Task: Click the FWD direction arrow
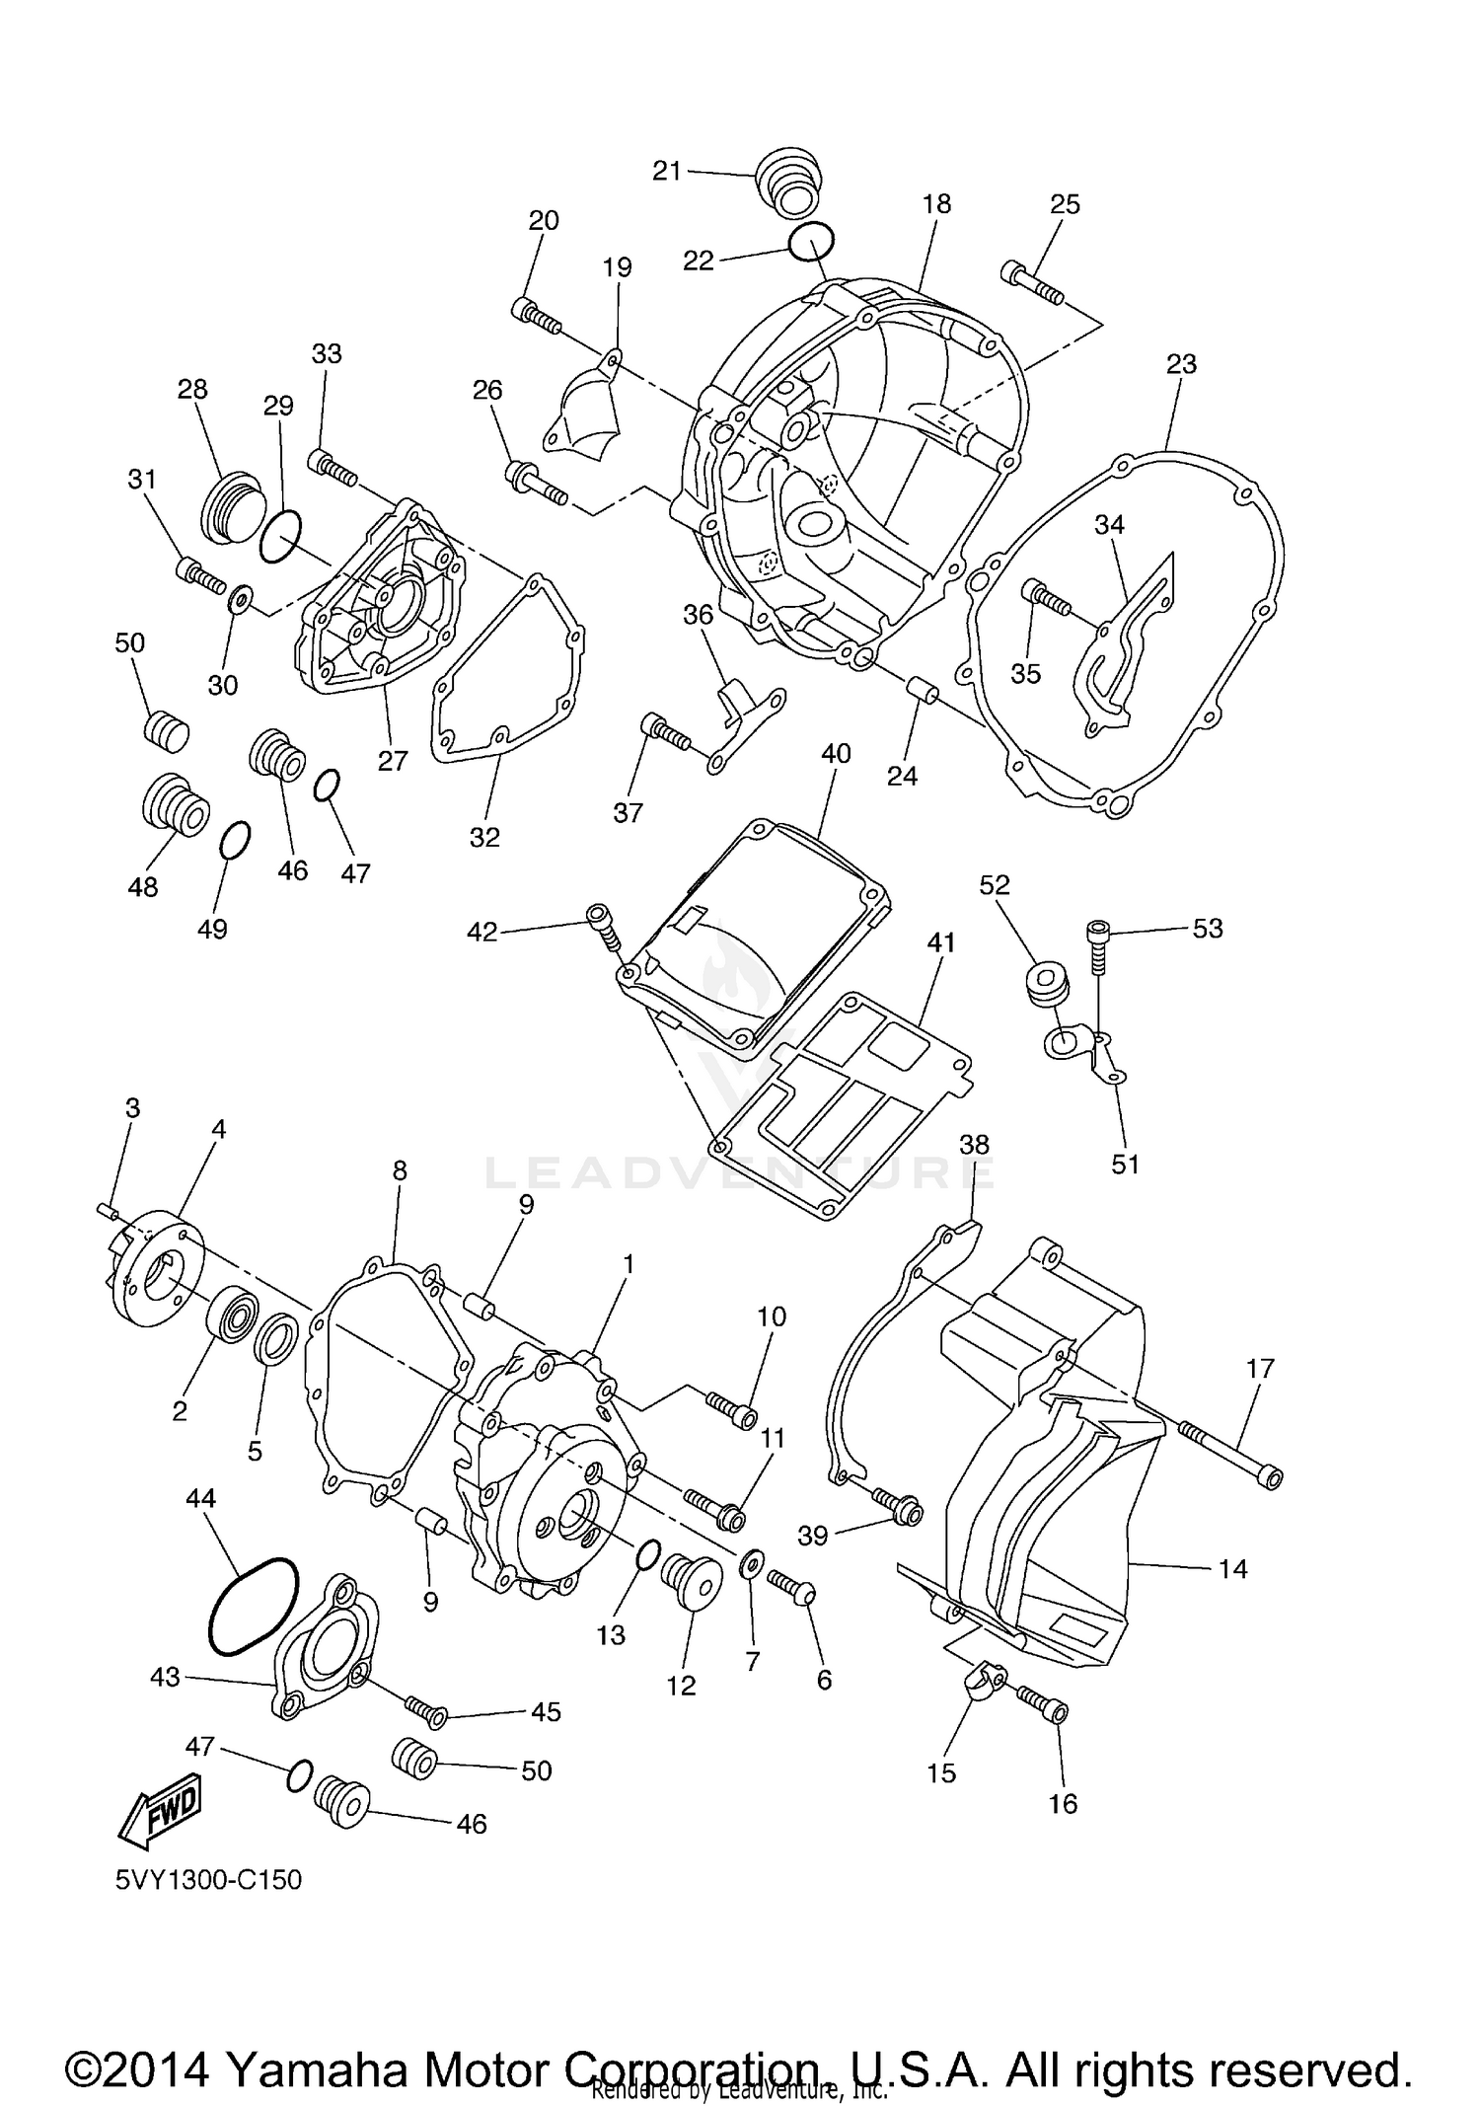click(160, 1813)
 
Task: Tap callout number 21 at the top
click(667, 171)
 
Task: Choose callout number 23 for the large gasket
click(1181, 364)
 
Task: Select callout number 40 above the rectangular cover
click(836, 753)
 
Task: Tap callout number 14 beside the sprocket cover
click(1232, 1568)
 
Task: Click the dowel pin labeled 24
click(922, 692)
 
